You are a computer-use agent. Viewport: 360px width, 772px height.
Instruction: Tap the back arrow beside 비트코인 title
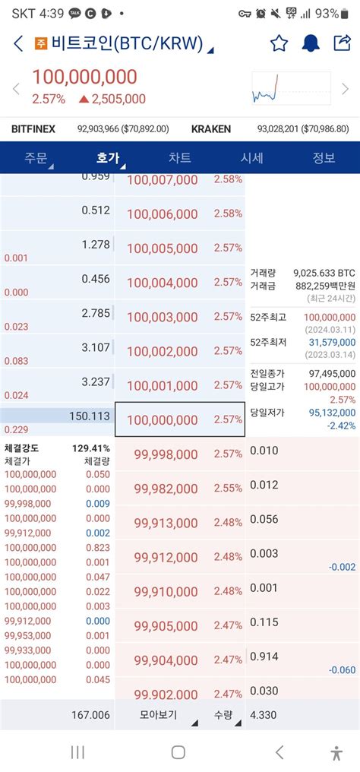coord(18,44)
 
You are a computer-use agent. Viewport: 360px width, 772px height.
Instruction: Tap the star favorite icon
coord(279,43)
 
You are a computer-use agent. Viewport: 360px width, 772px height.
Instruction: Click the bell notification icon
coord(311,43)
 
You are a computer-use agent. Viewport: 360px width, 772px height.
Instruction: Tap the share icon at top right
coord(341,43)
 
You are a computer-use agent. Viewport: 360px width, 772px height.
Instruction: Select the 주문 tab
coord(36,158)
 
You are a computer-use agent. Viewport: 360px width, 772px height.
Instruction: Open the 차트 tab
coord(179,158)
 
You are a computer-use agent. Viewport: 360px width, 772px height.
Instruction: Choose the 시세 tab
coord(251,158)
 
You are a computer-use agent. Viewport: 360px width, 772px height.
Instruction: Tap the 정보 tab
coord(324,158)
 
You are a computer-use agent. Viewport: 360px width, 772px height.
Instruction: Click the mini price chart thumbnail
coord(290,88)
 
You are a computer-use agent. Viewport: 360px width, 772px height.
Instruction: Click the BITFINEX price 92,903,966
coord(122,129)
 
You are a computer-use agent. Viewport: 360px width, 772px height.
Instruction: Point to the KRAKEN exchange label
coord(211,129)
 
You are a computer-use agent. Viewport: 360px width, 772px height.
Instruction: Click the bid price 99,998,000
coord(166,454)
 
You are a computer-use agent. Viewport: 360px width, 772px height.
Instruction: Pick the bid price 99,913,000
coord(166,523)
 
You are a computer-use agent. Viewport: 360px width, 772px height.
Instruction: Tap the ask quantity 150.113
coord(89,416)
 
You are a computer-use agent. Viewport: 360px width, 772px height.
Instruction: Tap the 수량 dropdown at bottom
coord(223,714)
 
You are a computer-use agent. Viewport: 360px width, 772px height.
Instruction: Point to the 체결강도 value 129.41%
coord(91,449)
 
